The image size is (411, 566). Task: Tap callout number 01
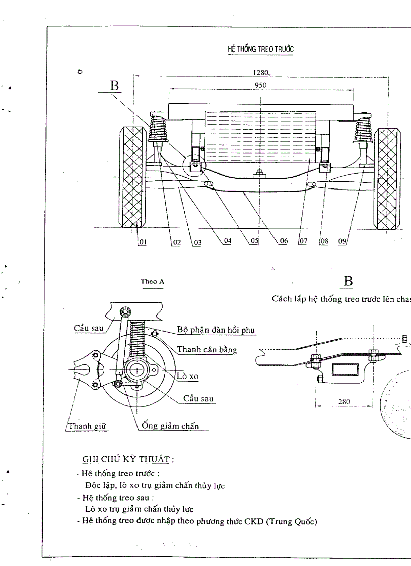(142, 242)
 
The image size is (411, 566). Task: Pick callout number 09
(343, 242)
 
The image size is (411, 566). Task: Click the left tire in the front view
(132, 177)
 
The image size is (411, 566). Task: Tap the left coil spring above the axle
(159, 130)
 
